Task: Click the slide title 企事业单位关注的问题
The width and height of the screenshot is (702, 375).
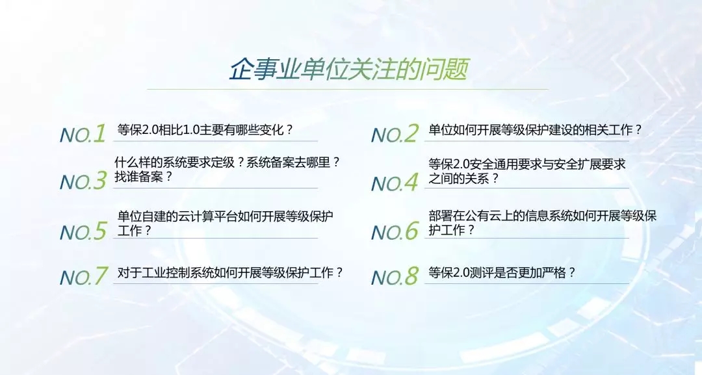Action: pos(349,70)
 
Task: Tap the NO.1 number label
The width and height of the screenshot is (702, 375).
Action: pos(83,133)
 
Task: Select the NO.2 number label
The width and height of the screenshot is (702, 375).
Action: pos(395,133)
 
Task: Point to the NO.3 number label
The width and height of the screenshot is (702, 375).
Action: pos(83,181)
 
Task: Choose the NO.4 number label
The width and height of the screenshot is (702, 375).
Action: pos(395,182)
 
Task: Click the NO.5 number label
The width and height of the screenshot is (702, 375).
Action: pos(83,231)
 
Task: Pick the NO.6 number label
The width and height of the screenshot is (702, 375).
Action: pos(395,231)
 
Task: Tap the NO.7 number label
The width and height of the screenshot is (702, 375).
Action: pos(84,276)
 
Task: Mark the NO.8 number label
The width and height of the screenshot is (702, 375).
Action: pos(395,276)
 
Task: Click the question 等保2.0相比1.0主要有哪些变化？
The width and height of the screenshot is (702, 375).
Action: pos(205,130)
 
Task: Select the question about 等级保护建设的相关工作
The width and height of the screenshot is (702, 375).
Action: pos(536,130)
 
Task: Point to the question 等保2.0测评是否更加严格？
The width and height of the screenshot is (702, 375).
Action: pos(502,272)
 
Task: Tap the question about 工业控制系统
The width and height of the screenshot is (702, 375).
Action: pos(230,272)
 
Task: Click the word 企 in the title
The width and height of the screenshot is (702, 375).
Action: pos(241,70)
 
